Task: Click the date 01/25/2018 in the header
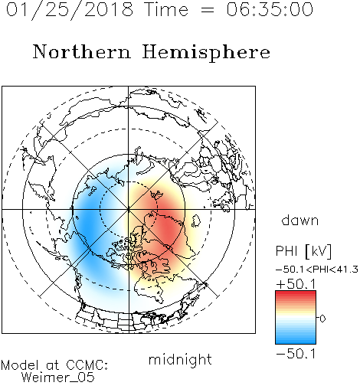[x=70, y=10]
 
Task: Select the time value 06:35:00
[x=270, y=9]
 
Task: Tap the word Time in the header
[x=166, y=9]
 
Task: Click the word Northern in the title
[x=82, y=51]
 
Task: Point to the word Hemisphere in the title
[x=206, y=53]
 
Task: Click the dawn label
[x=300, y=220]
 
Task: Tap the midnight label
[x=180, y=359]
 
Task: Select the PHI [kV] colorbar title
[x=303, y=251]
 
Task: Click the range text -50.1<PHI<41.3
[x=317, y=270]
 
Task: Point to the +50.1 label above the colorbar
[x=296, y=284]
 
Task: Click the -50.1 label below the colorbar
[x=296, y=354]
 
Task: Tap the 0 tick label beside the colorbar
[x=322, y=319]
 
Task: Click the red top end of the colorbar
[x=296, y=293]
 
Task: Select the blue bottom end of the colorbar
[x=296, y=342]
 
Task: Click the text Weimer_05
[x=58, y=377]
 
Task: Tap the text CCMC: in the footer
[x=87, y=365]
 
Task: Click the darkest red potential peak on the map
[x=167, y=227]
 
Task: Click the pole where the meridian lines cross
[x=129, y=209]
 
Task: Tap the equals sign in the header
[x=208, y=10]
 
